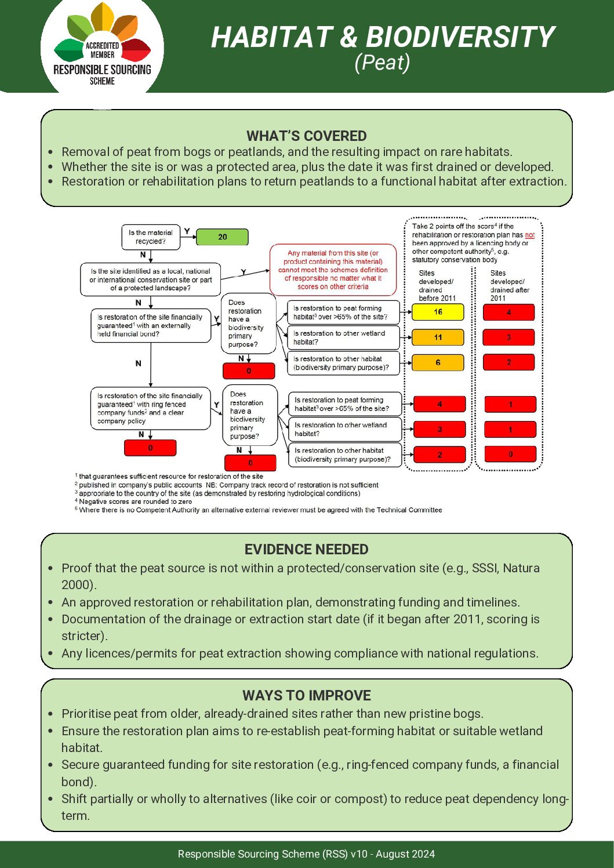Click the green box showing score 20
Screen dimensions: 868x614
222,237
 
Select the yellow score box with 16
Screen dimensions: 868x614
438,312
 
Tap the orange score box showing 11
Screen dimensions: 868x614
438,337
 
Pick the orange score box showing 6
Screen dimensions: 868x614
438,362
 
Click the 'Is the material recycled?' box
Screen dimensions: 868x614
151,237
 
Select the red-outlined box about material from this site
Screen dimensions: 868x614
333,270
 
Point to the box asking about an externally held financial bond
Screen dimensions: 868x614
150,325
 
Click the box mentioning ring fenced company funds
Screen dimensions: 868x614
150,409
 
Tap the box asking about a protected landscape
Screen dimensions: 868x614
150,279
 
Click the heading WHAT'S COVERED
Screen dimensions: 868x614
306,136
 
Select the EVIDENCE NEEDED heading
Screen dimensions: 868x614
306,549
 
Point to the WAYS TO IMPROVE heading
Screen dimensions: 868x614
306,695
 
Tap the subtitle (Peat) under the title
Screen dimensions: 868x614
382,62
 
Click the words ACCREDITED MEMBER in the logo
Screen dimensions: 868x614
102,50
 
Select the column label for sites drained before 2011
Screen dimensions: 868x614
437,285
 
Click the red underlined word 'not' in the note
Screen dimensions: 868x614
529,235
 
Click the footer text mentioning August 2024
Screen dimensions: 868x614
306,854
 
